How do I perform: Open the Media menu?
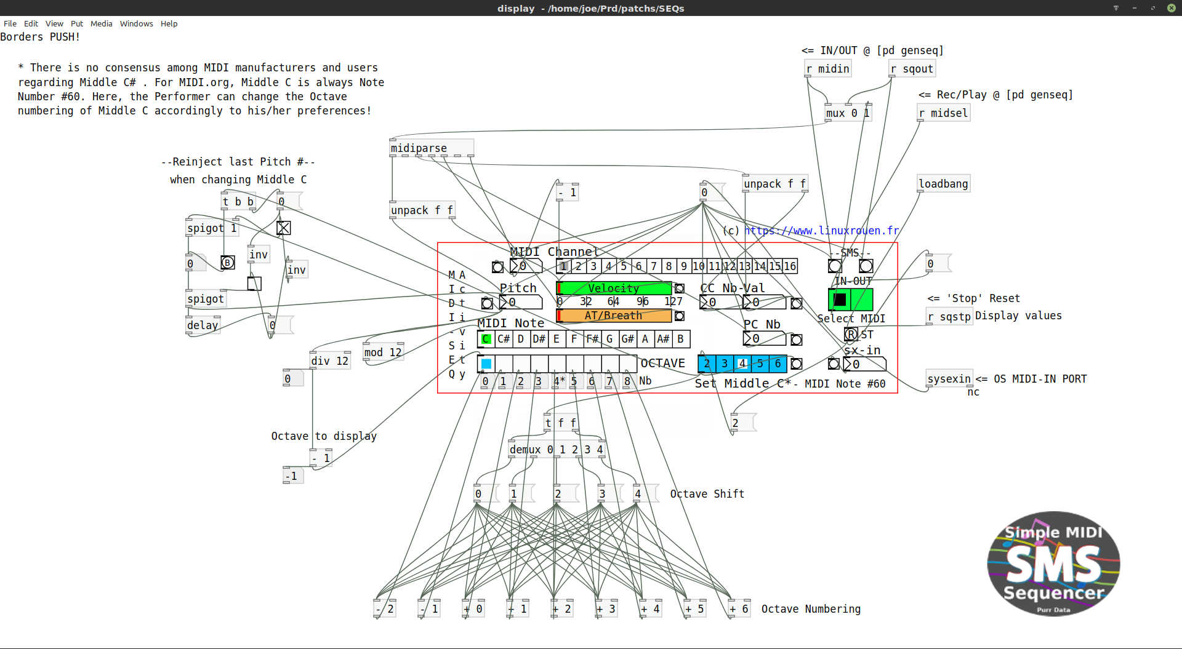[101, 23]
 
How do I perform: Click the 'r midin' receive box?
[828, 69]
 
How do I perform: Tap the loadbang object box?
[943, 184]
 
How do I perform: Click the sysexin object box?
[949, 379]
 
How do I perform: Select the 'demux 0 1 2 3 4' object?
[556, 450]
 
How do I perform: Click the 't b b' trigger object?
[238, 202]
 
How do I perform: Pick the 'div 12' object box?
[330, 361]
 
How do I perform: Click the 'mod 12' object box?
[382, 352]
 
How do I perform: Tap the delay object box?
[203, 325]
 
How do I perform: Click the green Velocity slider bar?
[613, 289]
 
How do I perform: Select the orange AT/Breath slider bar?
[613, 316]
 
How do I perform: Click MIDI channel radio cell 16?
[790, 266]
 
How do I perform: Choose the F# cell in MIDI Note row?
[592, 339]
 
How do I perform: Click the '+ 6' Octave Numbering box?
[738, 609]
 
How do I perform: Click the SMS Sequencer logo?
[1053, 563]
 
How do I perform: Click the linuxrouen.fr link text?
[822, 231]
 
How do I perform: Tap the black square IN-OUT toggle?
[840, 300]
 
